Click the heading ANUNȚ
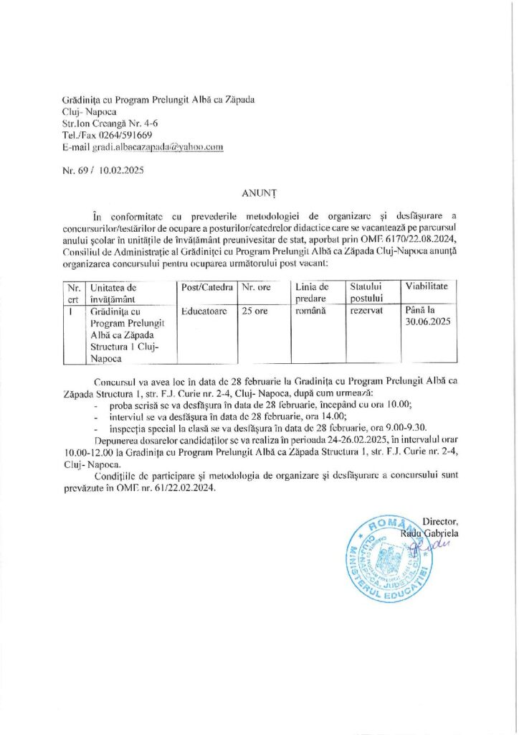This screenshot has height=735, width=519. (260, 192)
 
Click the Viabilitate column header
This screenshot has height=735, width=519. (427, 286)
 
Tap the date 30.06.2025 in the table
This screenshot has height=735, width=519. (427, 322)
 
